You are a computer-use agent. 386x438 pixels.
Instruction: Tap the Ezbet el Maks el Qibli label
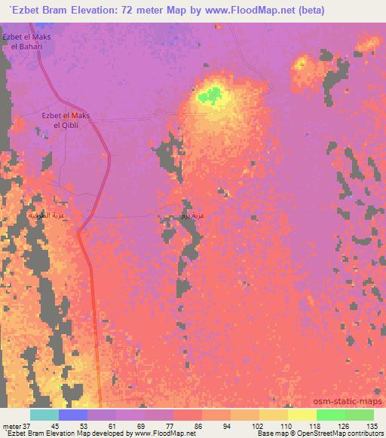coord(66,120)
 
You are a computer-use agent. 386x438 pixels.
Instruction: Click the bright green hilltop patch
coord(211,96)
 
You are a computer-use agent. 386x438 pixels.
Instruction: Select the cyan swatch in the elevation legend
coord(44,415)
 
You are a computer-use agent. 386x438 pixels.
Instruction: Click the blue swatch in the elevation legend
coord(73,415)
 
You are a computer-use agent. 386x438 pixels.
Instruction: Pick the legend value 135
coord(371,425)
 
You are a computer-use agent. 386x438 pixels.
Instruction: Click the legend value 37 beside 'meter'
coord(28,425)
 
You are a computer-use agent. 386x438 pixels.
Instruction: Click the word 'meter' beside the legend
coord(11,425)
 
